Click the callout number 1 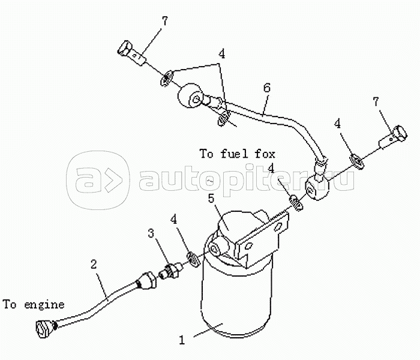[x=181, y=339]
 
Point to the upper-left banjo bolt [x=133, y=53]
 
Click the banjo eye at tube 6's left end [x=191, y=97]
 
